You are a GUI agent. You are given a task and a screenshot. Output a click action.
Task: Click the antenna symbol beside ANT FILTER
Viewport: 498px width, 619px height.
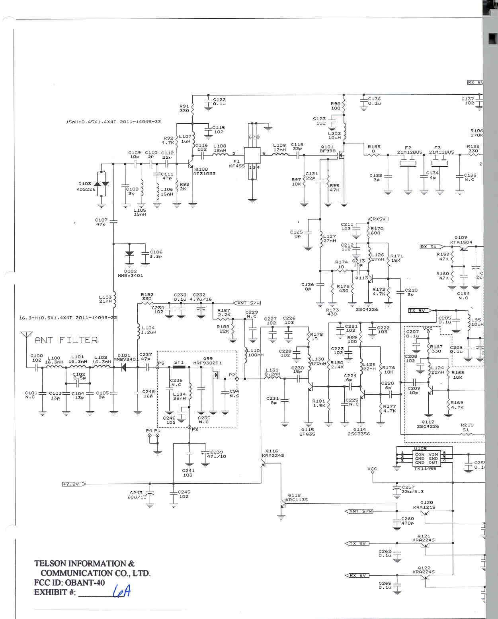pyautogui.click(x=26, y=335)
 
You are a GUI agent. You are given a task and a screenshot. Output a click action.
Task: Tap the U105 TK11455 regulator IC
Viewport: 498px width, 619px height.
pyautogui.click(x=426, y=458)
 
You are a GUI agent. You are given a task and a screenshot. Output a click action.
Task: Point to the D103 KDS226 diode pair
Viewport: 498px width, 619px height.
pyautogui.click(x=102, y=184)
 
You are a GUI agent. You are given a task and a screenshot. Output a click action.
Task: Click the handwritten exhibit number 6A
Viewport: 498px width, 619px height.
pyautogui.click(x=121, y=592)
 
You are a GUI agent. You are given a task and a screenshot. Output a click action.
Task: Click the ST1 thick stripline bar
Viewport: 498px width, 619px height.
pyautogui.click(x=179, y=367)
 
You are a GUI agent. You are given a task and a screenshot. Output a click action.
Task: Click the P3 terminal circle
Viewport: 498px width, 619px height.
pyautogui.click(x=189, y=427)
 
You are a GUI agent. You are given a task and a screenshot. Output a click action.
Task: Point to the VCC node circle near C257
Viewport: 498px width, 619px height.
pyautogui.click(x=373, y=472)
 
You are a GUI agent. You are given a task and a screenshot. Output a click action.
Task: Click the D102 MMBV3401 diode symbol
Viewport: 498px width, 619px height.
pyautogui.click(x=129, y=254)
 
